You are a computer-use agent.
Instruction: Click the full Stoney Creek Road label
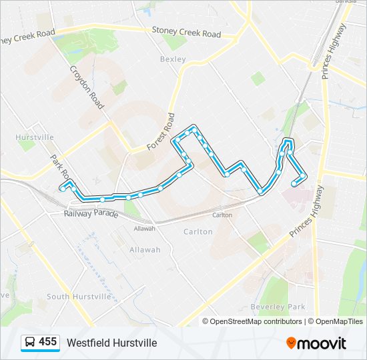(x=186, y=32)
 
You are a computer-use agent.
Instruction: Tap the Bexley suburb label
(x=171, y=59)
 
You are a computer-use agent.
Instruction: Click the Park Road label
(x=61, y=167)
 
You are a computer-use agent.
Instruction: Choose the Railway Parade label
(x=91, y=214)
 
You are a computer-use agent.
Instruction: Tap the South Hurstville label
(x=79, y=296)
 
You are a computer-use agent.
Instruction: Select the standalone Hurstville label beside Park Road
(x=35, y=137)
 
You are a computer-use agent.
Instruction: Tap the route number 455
(x=47, y=342)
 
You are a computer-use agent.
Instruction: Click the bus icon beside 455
(x=30, y=343)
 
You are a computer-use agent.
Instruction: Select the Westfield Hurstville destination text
(x=111, y=343)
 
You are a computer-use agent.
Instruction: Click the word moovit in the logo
(x=322, y=343)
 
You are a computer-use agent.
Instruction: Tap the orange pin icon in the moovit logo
(x=291, y=343)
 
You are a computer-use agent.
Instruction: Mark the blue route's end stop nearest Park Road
(x=62, y=189)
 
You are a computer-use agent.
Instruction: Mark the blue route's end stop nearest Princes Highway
(x=294, y=184)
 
